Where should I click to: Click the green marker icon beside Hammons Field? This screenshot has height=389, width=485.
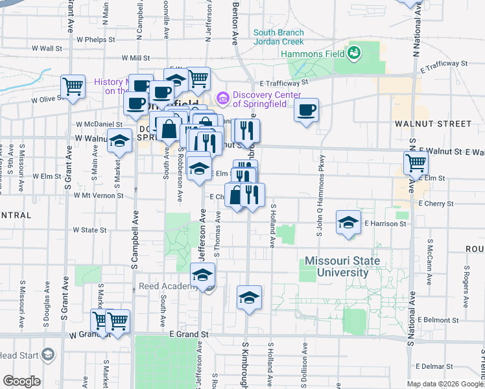click(354, 51)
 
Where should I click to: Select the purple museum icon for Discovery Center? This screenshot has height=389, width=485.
click(223, 98)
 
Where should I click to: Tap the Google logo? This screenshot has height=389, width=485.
click(21, 381)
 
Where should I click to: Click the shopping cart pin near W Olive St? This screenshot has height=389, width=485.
click(73, 86)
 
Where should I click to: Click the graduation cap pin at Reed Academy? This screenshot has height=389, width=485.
click(202, 275)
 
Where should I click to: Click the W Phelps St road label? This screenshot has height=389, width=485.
click(95, 40)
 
